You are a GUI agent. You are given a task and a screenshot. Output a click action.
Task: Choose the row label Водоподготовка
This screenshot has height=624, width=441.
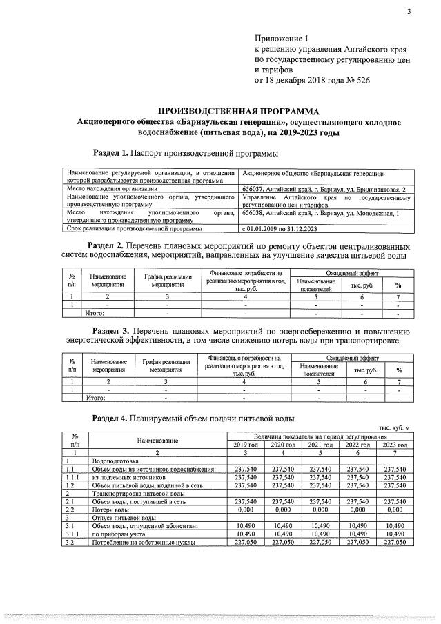pos(116,461)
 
